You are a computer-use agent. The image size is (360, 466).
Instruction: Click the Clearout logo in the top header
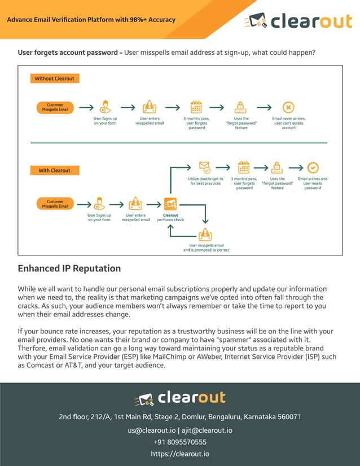[297, 21]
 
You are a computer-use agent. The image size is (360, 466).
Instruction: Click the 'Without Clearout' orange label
[54, 78]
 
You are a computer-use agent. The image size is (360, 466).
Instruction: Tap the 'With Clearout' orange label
[54, 170]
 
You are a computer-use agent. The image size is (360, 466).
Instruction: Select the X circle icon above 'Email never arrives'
[288, 107]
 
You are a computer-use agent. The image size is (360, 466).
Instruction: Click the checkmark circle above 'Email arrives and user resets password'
[313, 168]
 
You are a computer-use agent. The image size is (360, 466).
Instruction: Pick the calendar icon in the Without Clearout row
[196, 107]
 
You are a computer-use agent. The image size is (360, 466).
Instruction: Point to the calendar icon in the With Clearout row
[244, 168]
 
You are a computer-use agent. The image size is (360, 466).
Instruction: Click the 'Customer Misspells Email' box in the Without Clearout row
[55, 107]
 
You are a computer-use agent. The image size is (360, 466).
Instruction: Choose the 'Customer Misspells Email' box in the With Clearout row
[55, 204]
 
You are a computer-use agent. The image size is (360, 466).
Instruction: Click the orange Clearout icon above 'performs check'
[170, 204]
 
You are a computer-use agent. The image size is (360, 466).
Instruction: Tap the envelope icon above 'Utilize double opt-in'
[205, 168]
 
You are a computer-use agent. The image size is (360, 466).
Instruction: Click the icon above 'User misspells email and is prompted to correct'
[206, 234]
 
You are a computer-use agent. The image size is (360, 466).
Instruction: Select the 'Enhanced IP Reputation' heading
[69, 269]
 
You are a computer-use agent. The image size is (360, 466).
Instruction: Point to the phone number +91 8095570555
[180, 442]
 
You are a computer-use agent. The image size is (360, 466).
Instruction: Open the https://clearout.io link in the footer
[180, 454]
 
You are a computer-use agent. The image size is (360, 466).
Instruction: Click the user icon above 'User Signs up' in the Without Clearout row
[106, 107]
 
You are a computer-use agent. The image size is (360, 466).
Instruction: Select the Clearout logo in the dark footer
[180, 398]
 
